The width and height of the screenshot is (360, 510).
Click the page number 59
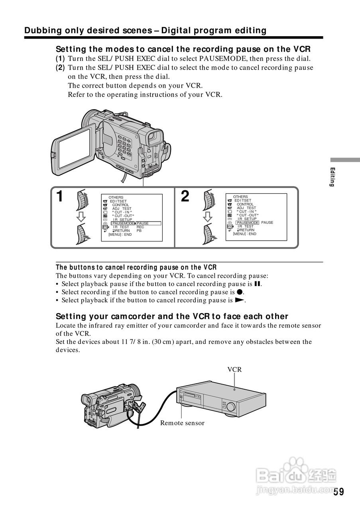pyautogui.click(x=338, y=492)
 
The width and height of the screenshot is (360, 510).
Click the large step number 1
pyautogui.click(x=59, y=196)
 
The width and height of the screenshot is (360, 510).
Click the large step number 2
pyautogui.click(x=185, y=196)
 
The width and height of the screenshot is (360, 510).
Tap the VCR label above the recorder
pyautogui.click(x=234, y=369)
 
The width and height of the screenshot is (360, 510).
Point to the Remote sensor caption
pyautogui.click(x=182, y=423)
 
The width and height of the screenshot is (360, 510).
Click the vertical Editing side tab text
pyautogui.click(x=332, y=177)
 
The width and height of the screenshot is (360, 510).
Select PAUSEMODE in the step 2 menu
pyautogui.click(x=247, y=223)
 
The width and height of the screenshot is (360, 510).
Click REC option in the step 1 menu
pyautogui.click(x=140, y=227)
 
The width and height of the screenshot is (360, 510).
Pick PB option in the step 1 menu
pyautogui.click(x=139, y=231)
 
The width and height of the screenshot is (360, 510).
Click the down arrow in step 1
pyautogui.click(x=82, y=216)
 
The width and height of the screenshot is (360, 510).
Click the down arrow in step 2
pyautogui.click(x=207, y=216)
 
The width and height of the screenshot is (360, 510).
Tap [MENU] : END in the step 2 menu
pyautogui.click(x=244, y=234)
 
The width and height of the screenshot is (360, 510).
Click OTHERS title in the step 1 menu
pyautogui.click(x=116, y=198)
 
